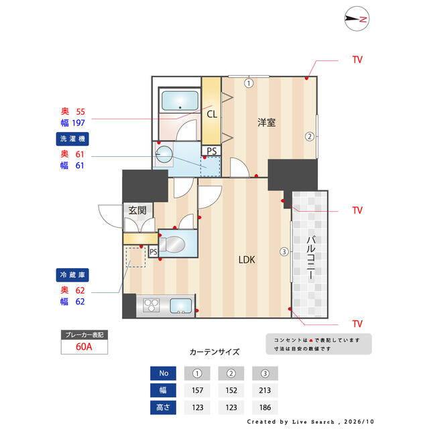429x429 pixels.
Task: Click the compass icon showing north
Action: pyautogui.click(x=357, y=19)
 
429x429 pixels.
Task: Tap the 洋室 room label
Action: pyautogui.click(x=266, y=122)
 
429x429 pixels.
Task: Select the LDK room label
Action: pyautogui.click(x=247, y=259)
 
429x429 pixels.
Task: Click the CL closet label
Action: pyautogui.click(x=212, y=114)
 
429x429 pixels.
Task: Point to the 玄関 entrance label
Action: pyautogui.click(x=137, y=210)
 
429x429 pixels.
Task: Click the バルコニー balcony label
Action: pyautogui.click(x=310, y=257)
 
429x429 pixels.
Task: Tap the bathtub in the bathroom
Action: pyautogui.click(x=180, y=101)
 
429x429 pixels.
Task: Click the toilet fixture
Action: pyautogui.click(x=172, y=244)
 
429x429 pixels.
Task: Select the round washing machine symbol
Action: pyautogui.click(x=164, y=154)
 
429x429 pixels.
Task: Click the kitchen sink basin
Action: pyautogui.click(x=181, y=306)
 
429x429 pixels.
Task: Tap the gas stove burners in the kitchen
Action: pyautogui.click(x=151, y=306)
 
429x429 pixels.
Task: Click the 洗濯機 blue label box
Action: pyautogui.click(x=72, y=139)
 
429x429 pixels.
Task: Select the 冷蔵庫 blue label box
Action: pyautogui.click(x=72, y=275)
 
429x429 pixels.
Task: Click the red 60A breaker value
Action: pyautogui.click(x=84, y=347)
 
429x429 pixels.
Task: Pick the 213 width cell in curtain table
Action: pyautogui.click(x=265, y=390)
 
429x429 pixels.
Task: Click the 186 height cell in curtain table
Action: pyautogui.click(x=265, y=408)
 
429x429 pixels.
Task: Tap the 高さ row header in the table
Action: pyautogui.click(x=163, y=408)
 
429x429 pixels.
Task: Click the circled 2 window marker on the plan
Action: pyautogui.click(x=310, y=136)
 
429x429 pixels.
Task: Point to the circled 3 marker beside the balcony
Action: pyautogui.click(x=284, y=251)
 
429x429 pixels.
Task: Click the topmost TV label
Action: pyautogui.click(x=357, y=60)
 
